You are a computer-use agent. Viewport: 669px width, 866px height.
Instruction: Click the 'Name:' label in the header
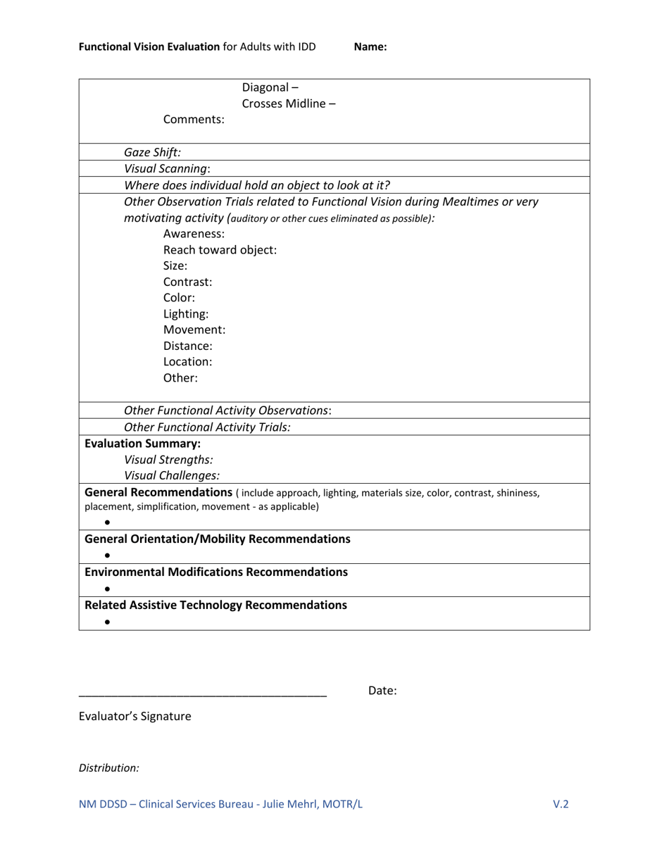[370, 47]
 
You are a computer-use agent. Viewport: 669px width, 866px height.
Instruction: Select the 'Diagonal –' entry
[270, 87]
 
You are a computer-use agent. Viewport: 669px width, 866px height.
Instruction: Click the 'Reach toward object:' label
[220, 249]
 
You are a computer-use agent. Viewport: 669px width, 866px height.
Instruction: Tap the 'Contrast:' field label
[187, 282]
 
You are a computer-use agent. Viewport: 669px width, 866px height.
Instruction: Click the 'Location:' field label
[187, 362]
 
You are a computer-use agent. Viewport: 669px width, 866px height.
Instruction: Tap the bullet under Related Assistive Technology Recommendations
[107, 622]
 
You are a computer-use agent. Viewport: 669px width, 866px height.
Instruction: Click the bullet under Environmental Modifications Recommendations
[107, 589]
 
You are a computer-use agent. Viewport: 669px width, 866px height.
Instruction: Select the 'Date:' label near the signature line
[382, 691]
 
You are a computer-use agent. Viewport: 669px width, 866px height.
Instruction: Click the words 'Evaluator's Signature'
[135, 717]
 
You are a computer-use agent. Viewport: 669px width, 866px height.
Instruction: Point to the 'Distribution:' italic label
[108, 768]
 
